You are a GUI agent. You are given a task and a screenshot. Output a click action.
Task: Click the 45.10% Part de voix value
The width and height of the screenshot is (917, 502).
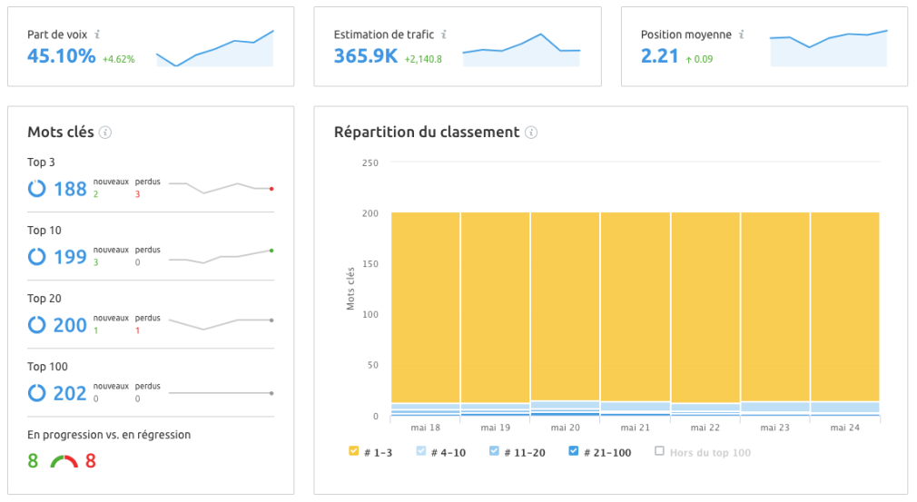pos(61,56)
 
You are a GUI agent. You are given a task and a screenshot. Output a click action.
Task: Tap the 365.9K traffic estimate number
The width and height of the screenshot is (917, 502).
pos(366,56)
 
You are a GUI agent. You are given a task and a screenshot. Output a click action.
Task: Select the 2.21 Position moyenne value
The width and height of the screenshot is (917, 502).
pos(660,56)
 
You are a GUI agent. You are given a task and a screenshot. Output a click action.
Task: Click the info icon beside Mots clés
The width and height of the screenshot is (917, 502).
pos(105,133)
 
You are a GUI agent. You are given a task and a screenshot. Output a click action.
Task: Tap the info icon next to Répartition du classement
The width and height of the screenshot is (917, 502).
pos(531,133)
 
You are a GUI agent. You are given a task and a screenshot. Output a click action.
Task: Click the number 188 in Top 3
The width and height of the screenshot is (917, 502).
pos(70,189)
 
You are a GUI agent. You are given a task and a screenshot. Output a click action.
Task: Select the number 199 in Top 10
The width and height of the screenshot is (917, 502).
pos(70,257)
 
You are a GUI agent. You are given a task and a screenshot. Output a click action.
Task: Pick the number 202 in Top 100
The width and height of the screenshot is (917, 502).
pos(70,393)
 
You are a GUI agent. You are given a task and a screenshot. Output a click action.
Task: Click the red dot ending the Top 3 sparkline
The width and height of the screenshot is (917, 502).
pos(271,189)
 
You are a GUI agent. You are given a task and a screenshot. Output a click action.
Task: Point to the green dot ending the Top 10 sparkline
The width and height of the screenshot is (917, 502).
pos(271,250)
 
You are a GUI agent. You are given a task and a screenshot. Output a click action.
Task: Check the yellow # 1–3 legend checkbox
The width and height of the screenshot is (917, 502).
pos(354,451)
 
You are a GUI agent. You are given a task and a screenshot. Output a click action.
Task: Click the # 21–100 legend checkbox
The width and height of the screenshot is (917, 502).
pos(573,451)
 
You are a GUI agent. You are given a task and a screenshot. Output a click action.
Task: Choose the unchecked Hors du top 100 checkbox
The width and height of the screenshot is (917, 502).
pos(660,451)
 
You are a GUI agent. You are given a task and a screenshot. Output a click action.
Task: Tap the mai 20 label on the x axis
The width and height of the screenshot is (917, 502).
pos(565,428)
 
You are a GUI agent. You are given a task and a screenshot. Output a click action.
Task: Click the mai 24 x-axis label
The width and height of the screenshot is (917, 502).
pos(845,428)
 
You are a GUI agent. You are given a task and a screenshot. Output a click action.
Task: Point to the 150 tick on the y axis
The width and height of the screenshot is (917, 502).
pos(370,264)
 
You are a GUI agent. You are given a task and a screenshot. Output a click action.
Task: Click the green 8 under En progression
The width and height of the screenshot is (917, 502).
pos(33,461)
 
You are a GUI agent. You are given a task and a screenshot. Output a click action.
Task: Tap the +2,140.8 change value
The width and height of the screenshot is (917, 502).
pos(423,60)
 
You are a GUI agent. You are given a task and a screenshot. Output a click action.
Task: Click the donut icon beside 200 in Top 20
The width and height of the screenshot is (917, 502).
pos(37,325)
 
